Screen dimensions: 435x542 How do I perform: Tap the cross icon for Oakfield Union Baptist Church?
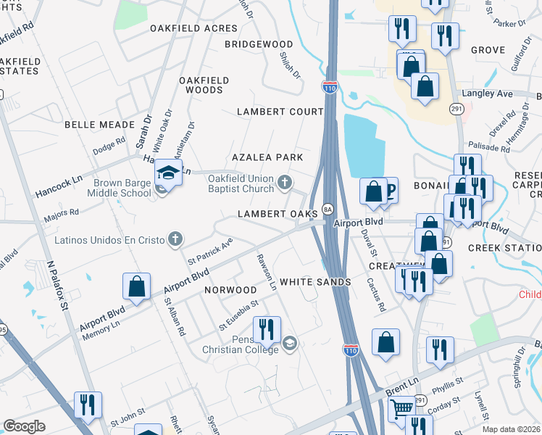[285, 181]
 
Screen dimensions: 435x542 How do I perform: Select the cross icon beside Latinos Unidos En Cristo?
[175, 239]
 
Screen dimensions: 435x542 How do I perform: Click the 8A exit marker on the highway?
[328, 210]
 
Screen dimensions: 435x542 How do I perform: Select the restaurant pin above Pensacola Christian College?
[267, 331]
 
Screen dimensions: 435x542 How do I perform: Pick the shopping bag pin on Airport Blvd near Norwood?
[136, 287]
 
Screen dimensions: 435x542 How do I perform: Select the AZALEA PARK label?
[267, 157]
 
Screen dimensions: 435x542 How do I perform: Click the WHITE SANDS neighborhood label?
[315, 281]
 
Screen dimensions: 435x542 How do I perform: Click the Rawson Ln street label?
[266, 272]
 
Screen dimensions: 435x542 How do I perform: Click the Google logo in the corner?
[24, 426]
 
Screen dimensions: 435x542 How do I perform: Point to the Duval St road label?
[370, 241]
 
